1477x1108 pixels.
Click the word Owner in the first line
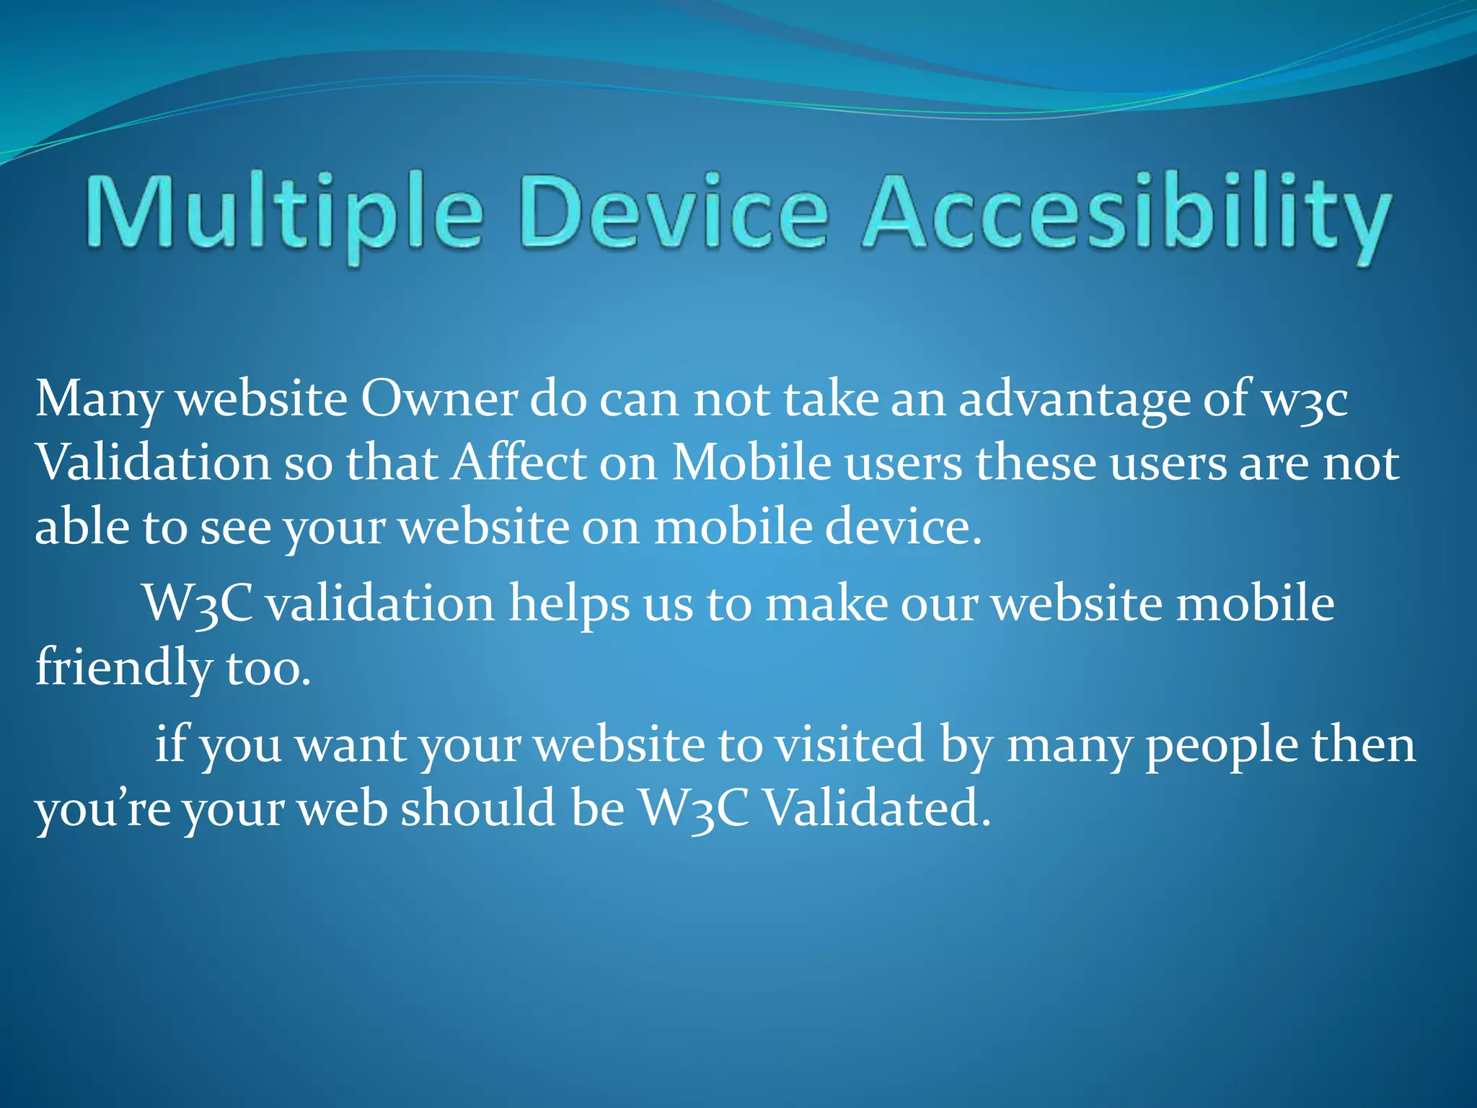pyautogui.click(x=438, y=399)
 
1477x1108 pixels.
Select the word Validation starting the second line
pyautogui.click(x=152, y=462)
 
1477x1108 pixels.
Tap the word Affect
pyautogui.click(x=519, y=462)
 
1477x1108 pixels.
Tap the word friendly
pyautogui.click(x=123, y=668)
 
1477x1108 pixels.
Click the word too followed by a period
pyautogui.click(x=267, y=668)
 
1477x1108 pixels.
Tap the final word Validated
pyautogui.click(x=876, y=807)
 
